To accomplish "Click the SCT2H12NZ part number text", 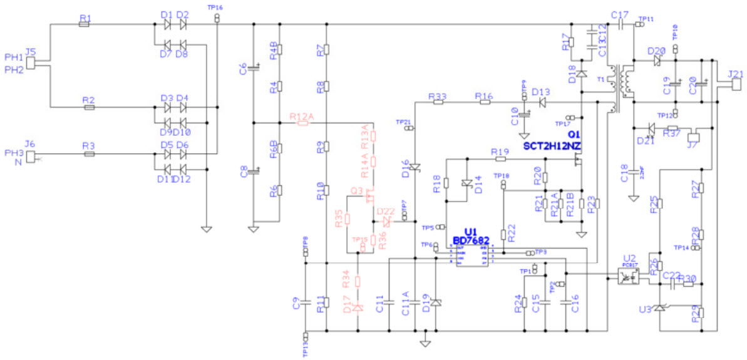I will (x=553, y=145).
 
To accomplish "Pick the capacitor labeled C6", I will (x=254, y=66).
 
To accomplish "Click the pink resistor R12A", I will (x=303, y=123).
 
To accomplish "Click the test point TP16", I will (x=217, y=19).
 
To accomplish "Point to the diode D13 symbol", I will (x=542, y=102).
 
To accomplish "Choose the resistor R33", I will (x=438, y=102).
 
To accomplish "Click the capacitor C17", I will (x=620, y=24).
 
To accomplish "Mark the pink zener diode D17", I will (x=358, y=307).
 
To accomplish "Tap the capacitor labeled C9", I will (x=305, y=302).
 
